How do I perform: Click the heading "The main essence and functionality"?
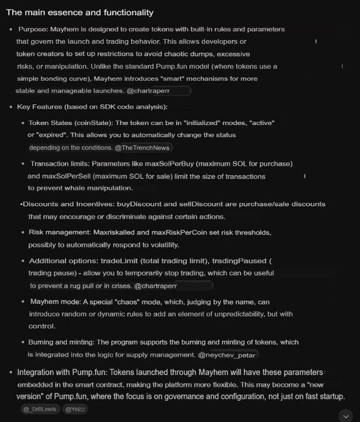pyautogui.click(x=80, y=12)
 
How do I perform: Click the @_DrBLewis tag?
pyautogui.click(x=40, y=409)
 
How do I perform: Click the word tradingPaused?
pyautogui.click(x=236, y=261)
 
